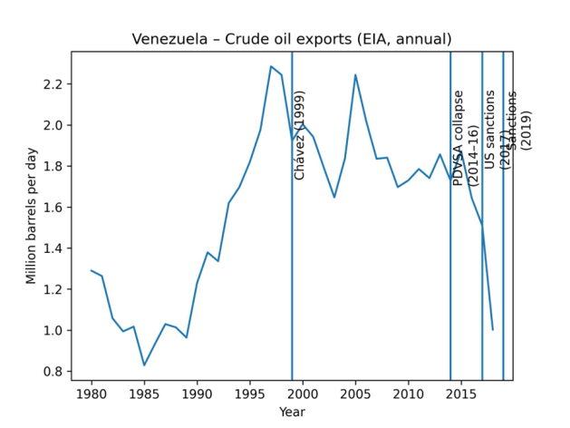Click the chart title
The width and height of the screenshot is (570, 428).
[x=292, y=39]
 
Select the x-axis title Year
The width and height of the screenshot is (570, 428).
[x=292, y=412]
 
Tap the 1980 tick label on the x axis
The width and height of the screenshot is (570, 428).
[x=91, y=394]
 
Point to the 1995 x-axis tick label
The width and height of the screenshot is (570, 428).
[x=249, y=394]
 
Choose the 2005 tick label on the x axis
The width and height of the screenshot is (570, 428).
[x=355, y=394]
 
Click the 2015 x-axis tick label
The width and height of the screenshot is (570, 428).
[x=461, y=394]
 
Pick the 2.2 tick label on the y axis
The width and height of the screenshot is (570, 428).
[x=53, y=84]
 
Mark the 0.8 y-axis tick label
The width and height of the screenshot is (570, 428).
[x=53, y=372]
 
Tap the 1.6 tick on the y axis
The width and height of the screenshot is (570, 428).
[x=53, y=208]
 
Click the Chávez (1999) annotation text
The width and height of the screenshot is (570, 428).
[x=300, y=134]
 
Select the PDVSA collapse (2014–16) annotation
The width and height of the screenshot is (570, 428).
[x=465, y=138]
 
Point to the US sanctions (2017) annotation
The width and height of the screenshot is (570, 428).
[x=497, y=130]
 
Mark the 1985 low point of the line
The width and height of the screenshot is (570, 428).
[x=144, y=365]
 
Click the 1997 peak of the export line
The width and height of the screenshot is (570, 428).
[x=271, y=66]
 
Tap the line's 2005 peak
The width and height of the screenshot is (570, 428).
[x=355, y=74]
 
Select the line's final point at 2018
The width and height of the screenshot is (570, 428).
[x=493, y=330]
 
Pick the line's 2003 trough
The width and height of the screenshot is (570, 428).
[x=334, y=197]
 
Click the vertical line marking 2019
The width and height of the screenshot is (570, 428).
[x=504, y=272]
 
